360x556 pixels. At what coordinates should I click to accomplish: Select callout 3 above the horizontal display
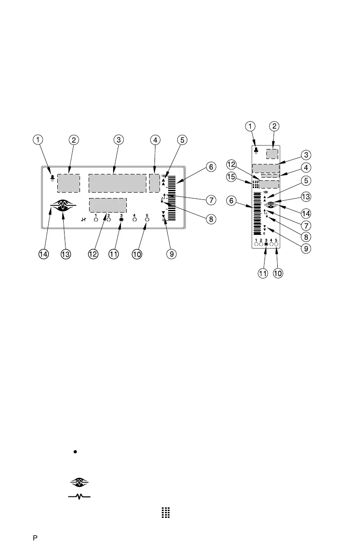(x=118, y=140)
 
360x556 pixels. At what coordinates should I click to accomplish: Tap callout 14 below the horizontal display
(x=43, y=255)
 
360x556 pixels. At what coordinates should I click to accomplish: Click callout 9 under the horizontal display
(x=171, y=255)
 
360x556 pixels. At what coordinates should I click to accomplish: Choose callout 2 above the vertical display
(x=274, y=126)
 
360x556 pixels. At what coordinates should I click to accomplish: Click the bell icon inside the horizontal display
(x=53, y=178)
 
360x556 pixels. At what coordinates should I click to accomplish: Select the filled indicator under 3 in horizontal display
(x=121, y=219)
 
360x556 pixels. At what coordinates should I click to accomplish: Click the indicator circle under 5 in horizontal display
(x=147, y=219)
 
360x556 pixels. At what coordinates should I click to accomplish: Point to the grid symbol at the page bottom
(x=165, y=513)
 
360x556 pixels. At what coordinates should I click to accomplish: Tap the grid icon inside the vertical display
(x=255, y=185)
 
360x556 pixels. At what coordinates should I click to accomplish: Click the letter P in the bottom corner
(x=34, y=539)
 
